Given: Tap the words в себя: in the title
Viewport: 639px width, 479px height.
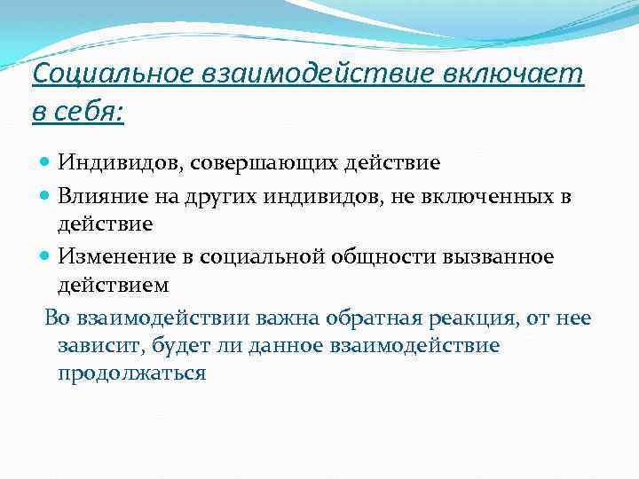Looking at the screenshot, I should [x=78, y=113].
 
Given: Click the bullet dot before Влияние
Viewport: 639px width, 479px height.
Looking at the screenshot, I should [x=46, y=195].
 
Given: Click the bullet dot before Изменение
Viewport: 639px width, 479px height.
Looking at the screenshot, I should [x=46, y=256].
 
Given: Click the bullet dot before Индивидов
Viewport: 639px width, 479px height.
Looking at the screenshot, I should [x=46, y=164].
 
